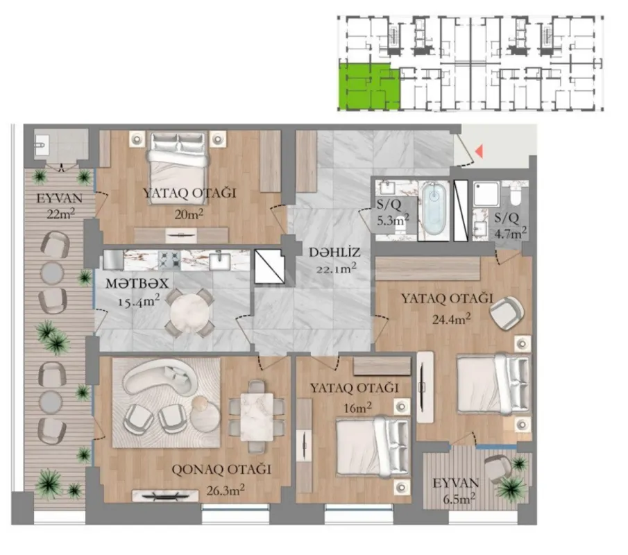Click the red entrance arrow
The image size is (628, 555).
478,150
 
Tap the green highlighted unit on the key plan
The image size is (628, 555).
368,85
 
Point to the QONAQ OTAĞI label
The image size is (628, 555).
221,470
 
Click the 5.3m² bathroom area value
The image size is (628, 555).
393,220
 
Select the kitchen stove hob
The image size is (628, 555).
169,260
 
